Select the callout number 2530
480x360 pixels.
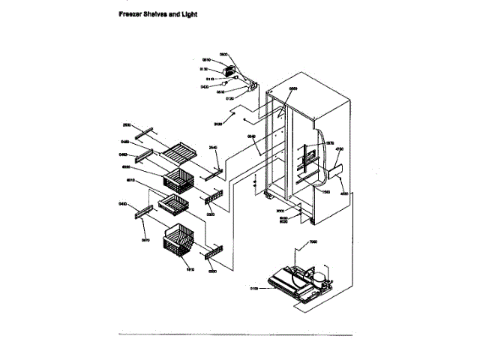pos(127,125)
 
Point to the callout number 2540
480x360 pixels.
pos(212,147)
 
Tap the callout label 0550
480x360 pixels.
pos(293,88)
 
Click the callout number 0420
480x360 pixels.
pos(205,87)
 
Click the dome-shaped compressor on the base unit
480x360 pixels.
pos(319,280)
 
